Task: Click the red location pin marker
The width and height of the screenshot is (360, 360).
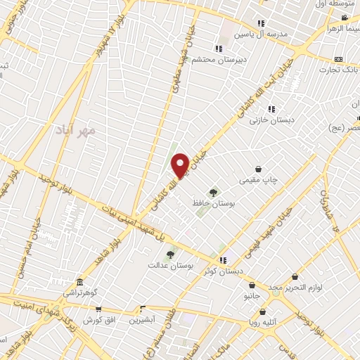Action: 180,165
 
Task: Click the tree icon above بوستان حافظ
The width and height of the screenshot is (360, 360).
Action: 213,192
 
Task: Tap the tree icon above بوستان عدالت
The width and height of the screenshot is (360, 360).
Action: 170,255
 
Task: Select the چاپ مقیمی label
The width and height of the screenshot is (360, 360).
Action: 259,180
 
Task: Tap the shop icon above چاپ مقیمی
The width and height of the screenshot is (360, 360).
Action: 259,169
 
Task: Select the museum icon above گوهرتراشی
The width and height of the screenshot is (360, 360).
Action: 79,282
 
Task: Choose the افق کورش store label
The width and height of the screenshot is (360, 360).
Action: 98,320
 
